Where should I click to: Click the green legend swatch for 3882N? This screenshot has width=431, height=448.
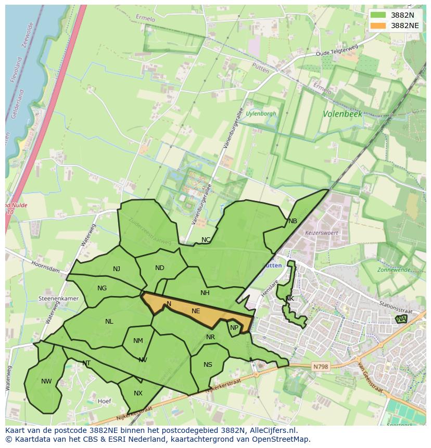tap(378, 15)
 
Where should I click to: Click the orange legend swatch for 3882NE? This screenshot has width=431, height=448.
tap(378, 25)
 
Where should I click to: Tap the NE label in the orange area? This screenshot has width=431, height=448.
tap(196, 311)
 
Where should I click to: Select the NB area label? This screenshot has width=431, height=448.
tap(293, 221)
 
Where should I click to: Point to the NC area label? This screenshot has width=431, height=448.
tap(206, 240)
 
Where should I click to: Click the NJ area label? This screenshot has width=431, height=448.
tap(117, 269)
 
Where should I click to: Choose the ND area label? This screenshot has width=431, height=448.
tap(160, 268)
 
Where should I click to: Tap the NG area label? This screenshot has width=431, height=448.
tap(102, 288)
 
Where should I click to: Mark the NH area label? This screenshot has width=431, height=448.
tap(205, 293)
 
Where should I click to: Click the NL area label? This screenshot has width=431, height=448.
tap(109, 322)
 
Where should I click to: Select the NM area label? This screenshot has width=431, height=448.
tap(138, 341)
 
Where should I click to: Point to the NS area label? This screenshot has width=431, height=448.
tap(208, 364)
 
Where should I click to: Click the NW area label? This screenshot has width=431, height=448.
tap(46, 381)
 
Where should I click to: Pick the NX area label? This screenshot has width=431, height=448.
tap(138, 393)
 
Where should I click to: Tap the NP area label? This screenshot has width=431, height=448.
tap(234, 328)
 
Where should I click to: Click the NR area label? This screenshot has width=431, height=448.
tap(210, 337)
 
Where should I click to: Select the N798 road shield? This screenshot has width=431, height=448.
tap(321, 367)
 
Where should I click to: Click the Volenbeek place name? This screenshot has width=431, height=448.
tap(342, 113)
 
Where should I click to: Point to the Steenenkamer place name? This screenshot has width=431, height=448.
tap(58, 299)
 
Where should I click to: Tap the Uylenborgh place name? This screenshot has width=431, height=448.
tap(261, 113)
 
